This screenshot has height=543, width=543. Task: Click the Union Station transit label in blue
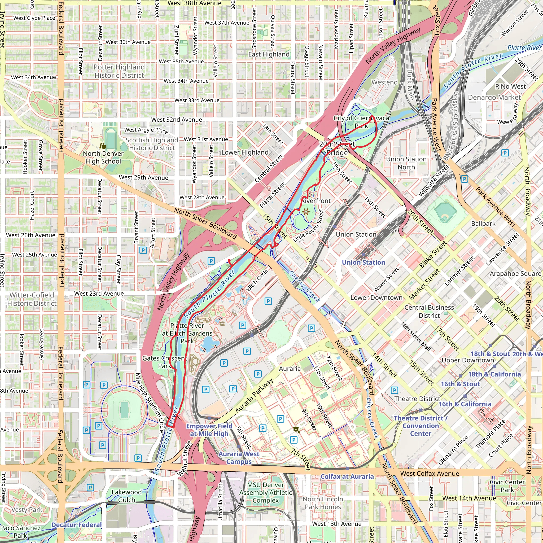coord(364,262)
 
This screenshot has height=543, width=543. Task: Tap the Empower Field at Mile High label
coord(209,430)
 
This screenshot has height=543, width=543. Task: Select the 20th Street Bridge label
coord(337,148)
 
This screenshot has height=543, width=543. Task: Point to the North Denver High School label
coord(103,157)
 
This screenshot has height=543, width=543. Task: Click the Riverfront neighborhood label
coord(316,201)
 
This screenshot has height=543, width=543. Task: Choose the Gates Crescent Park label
coord(165,362)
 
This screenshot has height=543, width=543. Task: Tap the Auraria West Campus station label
coord(239,458)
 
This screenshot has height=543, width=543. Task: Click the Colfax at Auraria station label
coord(347,476)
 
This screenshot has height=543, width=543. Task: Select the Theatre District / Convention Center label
coord(421,426)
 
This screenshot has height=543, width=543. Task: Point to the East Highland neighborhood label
coord(269,54)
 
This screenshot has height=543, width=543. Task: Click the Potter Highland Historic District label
coord(119,71)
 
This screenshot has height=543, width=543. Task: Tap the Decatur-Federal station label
coord(76,525)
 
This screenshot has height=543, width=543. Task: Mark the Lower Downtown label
coord(376,297)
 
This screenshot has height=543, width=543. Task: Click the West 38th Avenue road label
coord(195,3)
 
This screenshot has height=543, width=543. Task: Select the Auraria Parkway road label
coord(254,396)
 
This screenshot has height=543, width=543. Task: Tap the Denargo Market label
coord(494,98)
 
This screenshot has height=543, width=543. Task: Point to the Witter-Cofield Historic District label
coord(32,299)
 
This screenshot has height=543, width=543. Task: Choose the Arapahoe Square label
coord(515,274)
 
